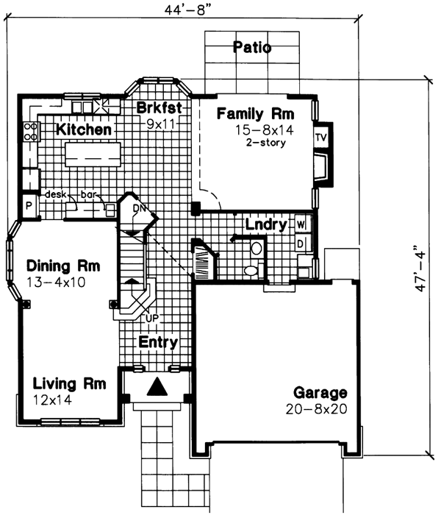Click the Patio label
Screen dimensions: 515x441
pyautogui.click(x=252, y=49)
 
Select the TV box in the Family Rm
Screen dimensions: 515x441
pyautogui.click(x=320, y=138)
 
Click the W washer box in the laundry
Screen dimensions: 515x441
pyautogui.click(x=301, y=224)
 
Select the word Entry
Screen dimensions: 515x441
pyautogui.click(x=157, y=342)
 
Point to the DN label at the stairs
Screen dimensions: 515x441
pyautogui.click(x=140, y=208)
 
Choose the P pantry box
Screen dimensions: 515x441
pyautogui.click(x=29, y=206)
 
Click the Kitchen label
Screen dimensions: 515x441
pyautogui.click(x=84, y=129)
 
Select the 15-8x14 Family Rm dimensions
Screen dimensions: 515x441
pyautogui.click(x=254, y=130)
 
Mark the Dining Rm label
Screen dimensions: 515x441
pyautogui.click(x=62, y=265)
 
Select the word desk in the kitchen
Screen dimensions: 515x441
pyautogui.click(x=57, y=195)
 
